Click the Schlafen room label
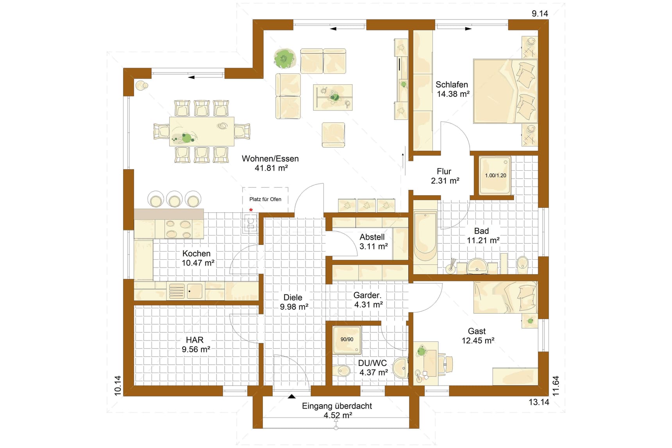tap(452, 84)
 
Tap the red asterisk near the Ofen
tap(251, 210)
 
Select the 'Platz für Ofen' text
tap(265, 199)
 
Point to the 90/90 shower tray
tap(347, 340)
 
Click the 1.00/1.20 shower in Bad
tap(495, 175)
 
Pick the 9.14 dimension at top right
tap(540, 14)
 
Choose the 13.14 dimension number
tap(539, 402)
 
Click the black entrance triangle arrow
tap(291, 396)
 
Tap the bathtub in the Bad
tap(425, 236)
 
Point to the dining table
tap(202, 131)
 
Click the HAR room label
tap(195, 340)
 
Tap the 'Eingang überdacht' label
tap(337, 406)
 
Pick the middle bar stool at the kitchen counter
tap(174, 199)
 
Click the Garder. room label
tap(367, 295)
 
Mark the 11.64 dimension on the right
tap(556, 386)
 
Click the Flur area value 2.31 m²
tap(445, 181)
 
